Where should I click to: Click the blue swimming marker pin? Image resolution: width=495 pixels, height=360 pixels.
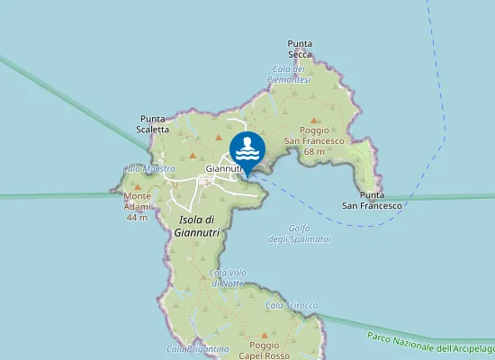click(247, 148)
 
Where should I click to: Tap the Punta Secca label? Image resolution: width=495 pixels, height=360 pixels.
click(301, 48)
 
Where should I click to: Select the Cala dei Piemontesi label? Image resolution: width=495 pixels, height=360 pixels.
click(290, 75)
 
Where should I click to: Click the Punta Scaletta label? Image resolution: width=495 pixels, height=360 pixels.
click(154, 123)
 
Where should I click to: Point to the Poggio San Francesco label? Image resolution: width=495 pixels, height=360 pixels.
click(314, 141)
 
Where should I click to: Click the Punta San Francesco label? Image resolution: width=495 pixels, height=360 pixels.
click(371, 200)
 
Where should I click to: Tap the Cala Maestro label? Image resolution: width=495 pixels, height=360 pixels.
click(148, 168)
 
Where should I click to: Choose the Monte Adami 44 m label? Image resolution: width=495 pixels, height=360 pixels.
click(137, 206)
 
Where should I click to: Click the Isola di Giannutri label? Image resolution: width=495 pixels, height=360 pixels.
click(196, 226)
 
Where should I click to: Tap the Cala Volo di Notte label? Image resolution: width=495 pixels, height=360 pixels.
click(227, 278)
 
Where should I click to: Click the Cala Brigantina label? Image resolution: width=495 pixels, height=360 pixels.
click(198, 349)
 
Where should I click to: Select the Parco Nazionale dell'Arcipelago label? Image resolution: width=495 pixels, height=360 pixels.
click(431, 342)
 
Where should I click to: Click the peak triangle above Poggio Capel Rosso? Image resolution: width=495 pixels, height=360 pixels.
click(264, 333)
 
